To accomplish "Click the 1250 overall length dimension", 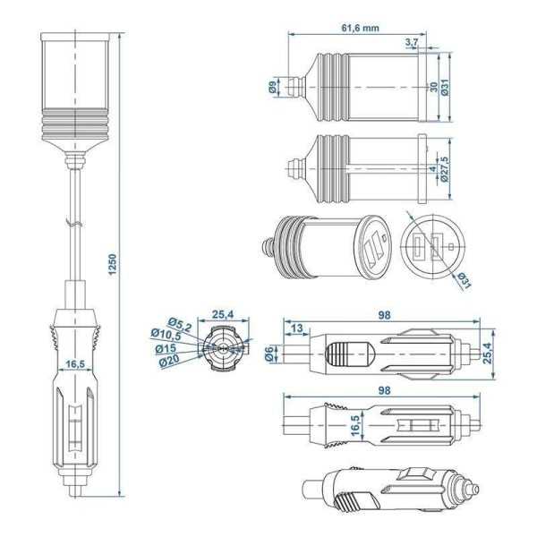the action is tap(113, 264).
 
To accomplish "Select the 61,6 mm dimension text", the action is tap(361, 28).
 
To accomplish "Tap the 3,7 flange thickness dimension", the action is tap(412, 42).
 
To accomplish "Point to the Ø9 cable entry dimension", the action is tap(272, 88).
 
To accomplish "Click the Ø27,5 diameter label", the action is tap(445, 169).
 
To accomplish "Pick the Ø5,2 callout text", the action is tap(180, 324).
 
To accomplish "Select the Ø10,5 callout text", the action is tap(166, 334).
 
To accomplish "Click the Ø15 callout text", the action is tap(166, 349).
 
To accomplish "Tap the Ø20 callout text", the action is tap(169, 361).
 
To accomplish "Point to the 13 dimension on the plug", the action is tap(297, 328).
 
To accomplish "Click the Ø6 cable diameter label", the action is tap(269, 354).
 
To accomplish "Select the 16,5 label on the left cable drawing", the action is tap(75, 363).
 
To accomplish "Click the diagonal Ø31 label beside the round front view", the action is tap(464, 280).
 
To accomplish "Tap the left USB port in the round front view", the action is tap(419, 247).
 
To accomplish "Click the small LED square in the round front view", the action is tap(451, 246).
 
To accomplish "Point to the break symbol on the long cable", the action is tap(74, 223).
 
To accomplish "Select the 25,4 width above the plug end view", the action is tap(223, 314).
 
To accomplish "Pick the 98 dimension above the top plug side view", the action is tap(384, 315).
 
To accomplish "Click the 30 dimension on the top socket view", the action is tap(434, 87).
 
